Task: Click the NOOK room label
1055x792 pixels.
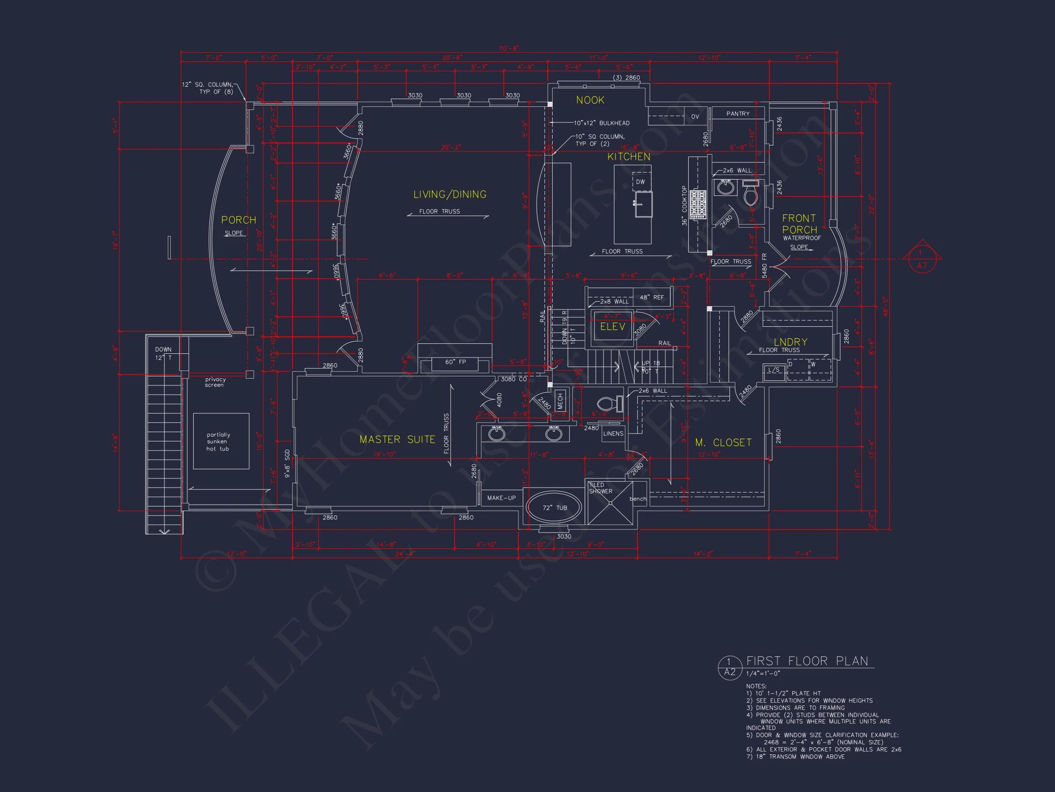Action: click(590, 100)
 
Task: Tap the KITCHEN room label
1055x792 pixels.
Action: click(629, 157)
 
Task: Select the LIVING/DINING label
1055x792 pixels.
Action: click(450, 194)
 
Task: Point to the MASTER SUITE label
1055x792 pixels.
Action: click(397, 439)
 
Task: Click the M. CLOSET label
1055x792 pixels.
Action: click(723, 443)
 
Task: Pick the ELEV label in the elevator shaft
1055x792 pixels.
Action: click(612, 326)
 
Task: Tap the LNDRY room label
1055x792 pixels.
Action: click(790, 342)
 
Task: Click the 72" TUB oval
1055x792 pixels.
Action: click(554, 507)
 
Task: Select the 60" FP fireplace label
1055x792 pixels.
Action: click(455, 362)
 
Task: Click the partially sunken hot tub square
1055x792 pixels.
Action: click(221, 441)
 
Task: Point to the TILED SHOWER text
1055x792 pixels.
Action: click(600, 488)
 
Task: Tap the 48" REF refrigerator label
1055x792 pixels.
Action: click(652, 297)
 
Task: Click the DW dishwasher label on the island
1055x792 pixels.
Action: click(640, 182)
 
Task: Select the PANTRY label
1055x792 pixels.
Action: click(738, 114)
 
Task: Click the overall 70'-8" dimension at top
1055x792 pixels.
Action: click(509, 48)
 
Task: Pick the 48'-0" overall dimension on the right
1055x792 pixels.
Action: click(885, 307)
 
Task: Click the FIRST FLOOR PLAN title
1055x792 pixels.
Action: click(807, 661)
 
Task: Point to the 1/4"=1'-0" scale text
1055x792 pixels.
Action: click(763, 674)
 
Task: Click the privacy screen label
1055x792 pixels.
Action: click(215, 382)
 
